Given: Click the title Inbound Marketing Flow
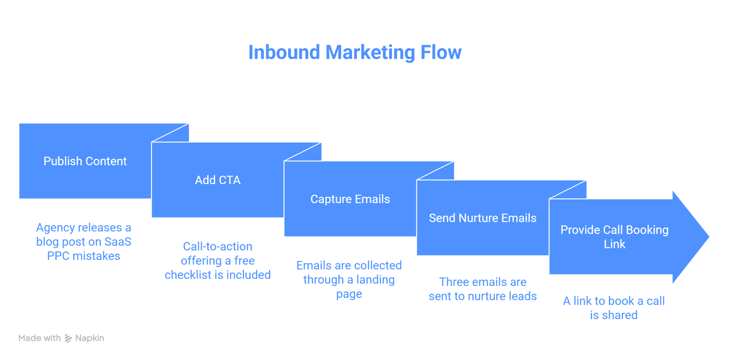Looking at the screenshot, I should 354,52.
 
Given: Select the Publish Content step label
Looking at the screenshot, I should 85,161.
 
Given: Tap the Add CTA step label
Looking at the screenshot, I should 218,180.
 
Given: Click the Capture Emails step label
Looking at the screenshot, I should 350,199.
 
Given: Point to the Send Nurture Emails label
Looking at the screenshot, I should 483,218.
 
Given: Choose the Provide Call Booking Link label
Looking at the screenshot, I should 614,237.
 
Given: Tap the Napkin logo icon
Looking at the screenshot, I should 68,338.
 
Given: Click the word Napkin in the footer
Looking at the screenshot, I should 90,338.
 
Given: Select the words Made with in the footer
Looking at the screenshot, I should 40,338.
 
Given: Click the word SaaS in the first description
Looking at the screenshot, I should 118,242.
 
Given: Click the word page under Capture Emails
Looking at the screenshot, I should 349,294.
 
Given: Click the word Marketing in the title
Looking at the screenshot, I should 370,52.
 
